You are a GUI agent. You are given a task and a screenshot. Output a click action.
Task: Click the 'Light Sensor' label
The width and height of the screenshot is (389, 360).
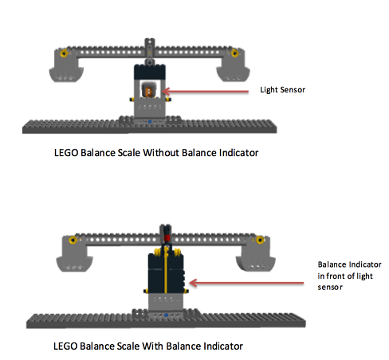282,90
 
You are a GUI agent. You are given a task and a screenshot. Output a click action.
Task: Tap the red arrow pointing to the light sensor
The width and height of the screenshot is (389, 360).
206,92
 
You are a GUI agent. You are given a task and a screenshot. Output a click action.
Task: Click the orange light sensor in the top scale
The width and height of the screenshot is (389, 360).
149,91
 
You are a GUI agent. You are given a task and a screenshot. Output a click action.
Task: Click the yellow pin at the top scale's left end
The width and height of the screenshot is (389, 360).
64,53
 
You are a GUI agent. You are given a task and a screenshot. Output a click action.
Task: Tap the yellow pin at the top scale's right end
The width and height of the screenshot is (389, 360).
234,53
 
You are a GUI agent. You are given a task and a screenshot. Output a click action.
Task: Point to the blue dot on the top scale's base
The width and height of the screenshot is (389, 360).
150,122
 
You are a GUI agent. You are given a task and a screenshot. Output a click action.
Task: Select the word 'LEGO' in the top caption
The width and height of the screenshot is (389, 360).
66,153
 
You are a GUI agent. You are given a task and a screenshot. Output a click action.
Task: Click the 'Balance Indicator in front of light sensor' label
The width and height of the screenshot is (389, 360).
349,276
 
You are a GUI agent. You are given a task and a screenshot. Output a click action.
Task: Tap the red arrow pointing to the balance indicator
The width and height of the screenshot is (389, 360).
246,283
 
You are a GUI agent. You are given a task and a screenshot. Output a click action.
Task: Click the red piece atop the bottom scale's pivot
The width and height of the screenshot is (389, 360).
167,237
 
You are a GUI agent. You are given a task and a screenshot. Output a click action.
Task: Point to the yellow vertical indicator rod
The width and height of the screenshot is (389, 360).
166,269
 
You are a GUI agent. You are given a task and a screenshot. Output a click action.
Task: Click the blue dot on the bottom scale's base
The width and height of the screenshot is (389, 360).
166,315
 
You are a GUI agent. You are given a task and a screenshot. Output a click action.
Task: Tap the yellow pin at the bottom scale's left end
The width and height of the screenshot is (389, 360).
73,240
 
